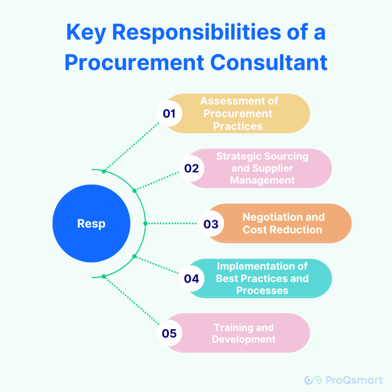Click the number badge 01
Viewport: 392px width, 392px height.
(x=169, y=114)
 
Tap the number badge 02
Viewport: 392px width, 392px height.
(x=191, y=168)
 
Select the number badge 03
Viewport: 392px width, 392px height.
(x=211, y=224)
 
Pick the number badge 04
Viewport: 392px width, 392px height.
(x=191, y=278)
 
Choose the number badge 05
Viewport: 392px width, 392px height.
(x=169, y=333)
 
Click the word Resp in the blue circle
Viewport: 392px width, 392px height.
(x=91, y=224)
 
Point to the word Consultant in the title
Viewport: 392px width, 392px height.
(x=269, y=62)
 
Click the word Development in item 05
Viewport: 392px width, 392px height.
(x=243, y=339)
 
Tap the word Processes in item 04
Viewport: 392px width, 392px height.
(x=262, y=291)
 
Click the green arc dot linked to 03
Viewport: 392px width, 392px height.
(x=145, y=223)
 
